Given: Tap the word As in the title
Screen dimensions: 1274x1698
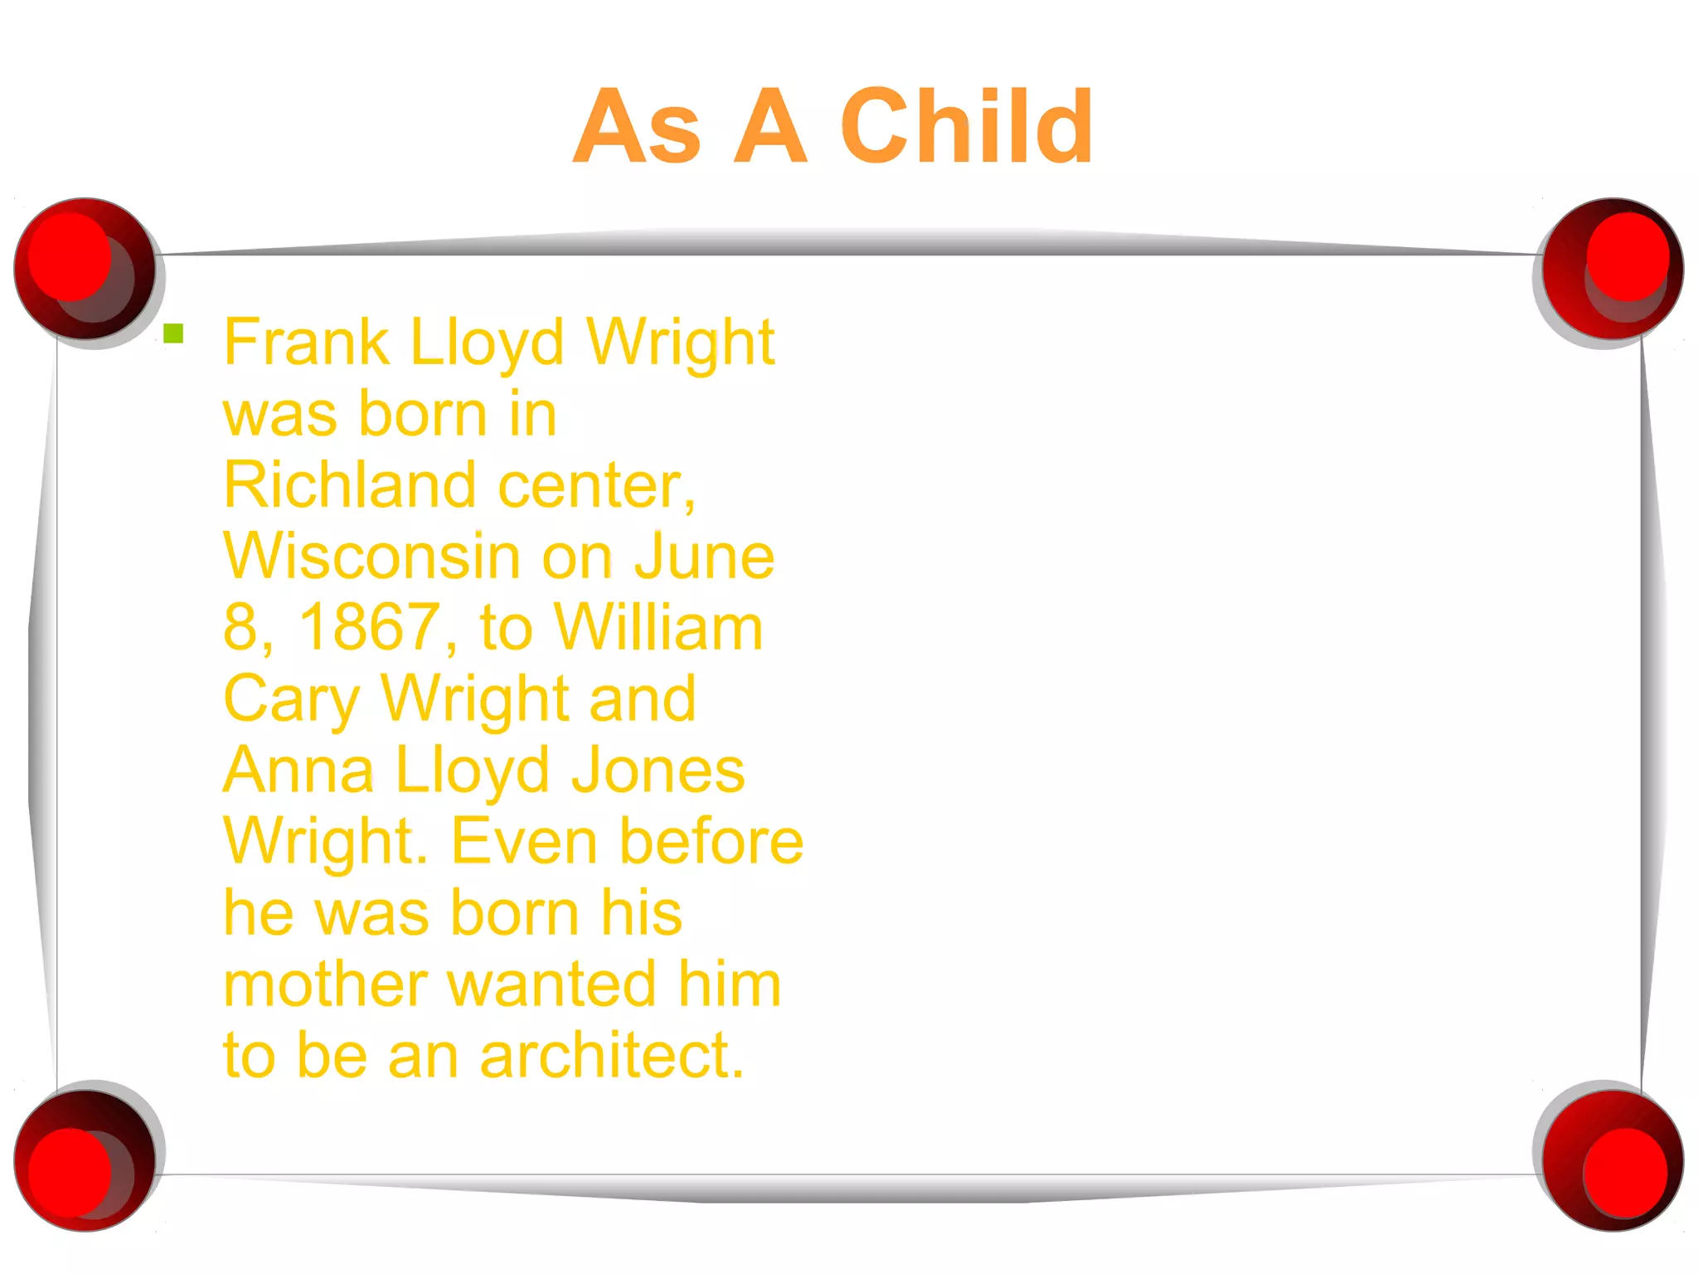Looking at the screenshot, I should [637, 127].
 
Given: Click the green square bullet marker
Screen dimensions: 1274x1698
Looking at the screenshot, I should [173, 333].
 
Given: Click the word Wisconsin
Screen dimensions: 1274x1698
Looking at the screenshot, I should [371, 557].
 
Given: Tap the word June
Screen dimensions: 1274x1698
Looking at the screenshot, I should [704, 557].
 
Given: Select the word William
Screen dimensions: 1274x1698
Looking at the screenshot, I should [658, 628].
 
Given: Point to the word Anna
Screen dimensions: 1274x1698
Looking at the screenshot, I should [298, 771].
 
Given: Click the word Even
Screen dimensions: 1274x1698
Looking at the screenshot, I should [524, 842].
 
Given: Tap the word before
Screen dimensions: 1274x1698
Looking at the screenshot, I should [712, 842].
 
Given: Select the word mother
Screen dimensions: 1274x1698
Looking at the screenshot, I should [325, 985].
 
